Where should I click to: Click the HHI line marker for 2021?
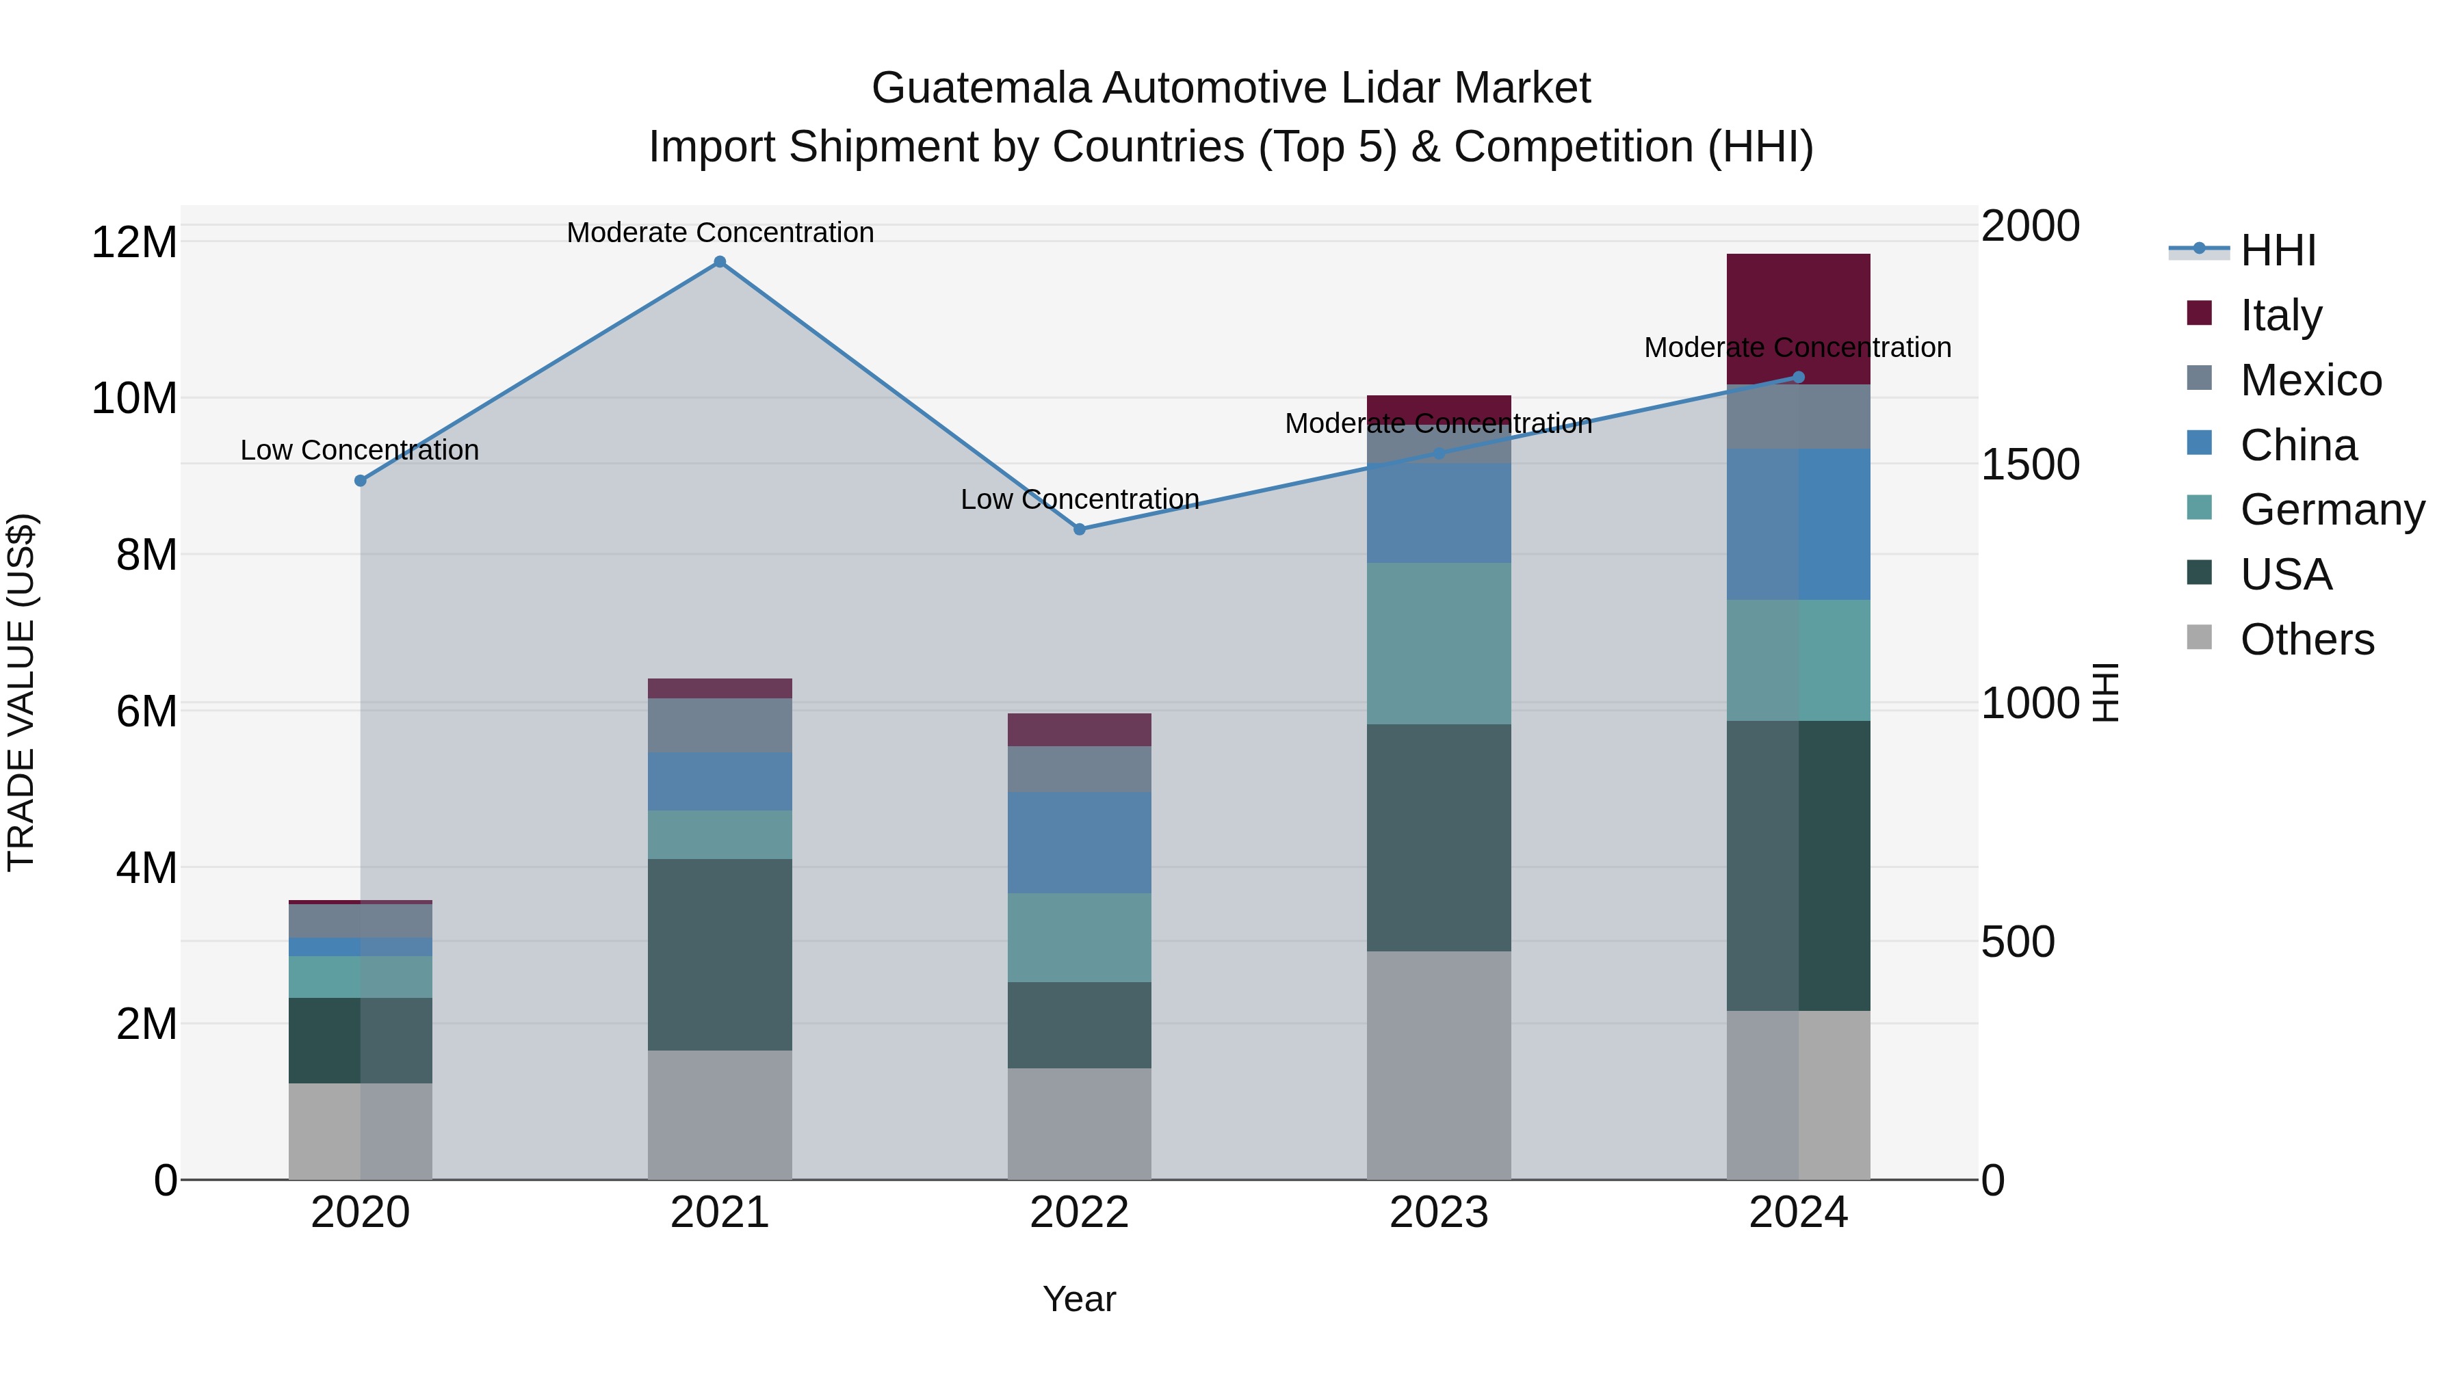click(720, 262)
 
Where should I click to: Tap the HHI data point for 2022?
click(1080, 529)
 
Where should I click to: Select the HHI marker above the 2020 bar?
click(361, 481)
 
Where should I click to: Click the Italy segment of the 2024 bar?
click(1797, 318)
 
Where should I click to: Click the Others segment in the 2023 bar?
click(1438, 1065)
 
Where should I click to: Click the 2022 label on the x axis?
click(1080, 1213)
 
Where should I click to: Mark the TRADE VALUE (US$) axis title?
click(22, 692)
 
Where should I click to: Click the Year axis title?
click(1080, 1299)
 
